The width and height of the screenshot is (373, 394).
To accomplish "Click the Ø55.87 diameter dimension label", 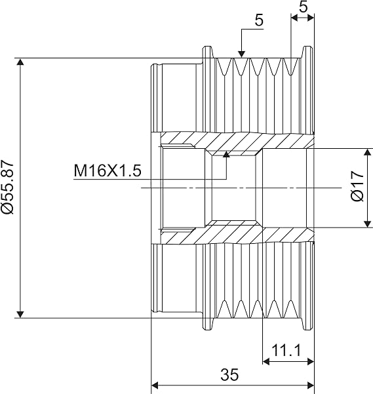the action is coord(7,187).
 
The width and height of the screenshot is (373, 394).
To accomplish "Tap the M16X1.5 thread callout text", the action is coord(108,170).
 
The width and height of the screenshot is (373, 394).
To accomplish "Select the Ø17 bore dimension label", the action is coord(357,186).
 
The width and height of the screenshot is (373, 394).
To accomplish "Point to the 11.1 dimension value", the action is coord(286,350).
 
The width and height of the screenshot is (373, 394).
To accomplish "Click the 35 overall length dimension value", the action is coord(229,374).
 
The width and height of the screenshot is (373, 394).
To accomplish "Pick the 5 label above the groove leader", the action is coord(259,20).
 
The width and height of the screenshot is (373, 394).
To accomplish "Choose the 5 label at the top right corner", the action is coord(303,7).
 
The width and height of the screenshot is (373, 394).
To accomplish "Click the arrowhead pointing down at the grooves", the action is coord(241,54).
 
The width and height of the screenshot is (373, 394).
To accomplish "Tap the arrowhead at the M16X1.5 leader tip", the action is coord(227,154).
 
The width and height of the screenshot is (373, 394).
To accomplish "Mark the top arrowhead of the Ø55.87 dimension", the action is coord(20,62).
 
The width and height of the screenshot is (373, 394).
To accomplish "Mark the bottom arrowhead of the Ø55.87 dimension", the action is coord(20,314).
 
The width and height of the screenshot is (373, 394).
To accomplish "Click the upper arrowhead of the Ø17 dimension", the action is coord(368,152).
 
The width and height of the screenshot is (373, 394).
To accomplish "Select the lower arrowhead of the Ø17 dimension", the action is coord(368,224).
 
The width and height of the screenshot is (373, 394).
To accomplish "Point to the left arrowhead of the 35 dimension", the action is coord(155,385).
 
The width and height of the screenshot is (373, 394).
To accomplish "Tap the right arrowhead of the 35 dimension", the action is coord(311,385).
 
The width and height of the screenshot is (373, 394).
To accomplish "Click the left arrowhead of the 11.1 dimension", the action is coord(266,362).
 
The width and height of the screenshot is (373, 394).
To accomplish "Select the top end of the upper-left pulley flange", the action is coord(207,47).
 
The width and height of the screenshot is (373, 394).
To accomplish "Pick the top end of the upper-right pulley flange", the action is coord(307,47).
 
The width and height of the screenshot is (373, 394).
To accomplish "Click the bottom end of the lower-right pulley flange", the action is coord(307,330).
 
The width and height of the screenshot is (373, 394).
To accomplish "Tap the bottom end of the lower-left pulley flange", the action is coord(207,330).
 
